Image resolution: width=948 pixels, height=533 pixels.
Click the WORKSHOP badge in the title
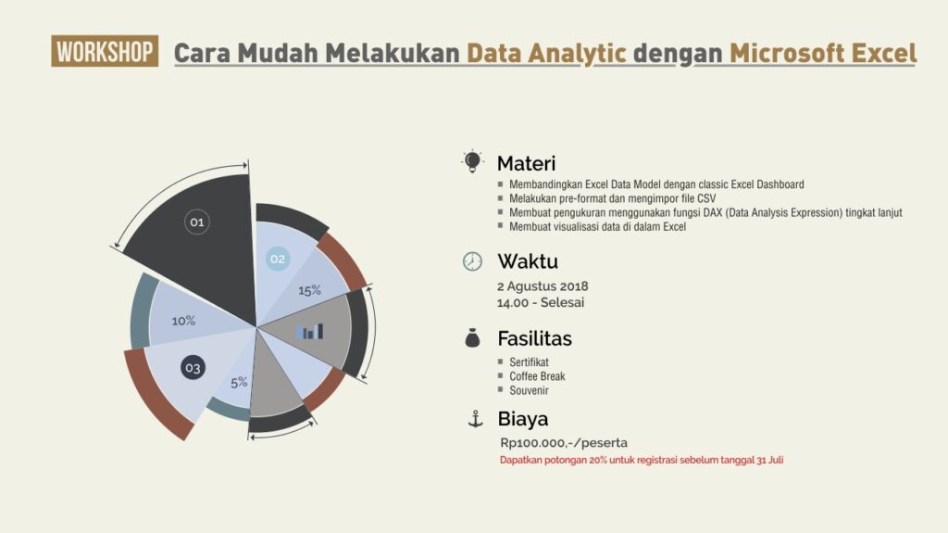[105, 51]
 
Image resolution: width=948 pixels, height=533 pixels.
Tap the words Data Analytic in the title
[546, 54]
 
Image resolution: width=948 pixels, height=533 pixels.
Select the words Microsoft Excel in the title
[823, 54]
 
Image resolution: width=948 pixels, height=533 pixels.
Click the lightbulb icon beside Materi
[472, 161]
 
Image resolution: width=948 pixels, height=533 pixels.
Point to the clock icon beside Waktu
[472, 261]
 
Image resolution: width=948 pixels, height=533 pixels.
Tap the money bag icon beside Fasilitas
[472, 338]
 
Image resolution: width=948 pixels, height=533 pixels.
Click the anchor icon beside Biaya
[476, 419]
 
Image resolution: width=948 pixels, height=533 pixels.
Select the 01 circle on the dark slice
[197, 222]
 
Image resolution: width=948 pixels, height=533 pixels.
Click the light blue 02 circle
[278, 259]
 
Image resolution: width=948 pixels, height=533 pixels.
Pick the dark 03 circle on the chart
[193, 367]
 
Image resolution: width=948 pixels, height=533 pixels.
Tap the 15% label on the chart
[309, 291]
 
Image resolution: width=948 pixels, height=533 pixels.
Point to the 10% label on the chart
[183, 321]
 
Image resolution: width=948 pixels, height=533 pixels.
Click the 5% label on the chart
[239, 382]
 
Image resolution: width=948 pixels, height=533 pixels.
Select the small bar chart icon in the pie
[309, 331]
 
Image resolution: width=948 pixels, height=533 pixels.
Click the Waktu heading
[527, 261]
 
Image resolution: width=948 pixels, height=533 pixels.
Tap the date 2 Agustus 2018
[543, 286]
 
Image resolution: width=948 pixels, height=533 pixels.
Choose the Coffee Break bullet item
[537, 376]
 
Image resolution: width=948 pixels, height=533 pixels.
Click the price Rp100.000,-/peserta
[564, 443]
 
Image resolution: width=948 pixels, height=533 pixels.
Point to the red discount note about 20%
[642, 460]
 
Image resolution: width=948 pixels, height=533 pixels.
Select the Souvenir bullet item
[529, 390]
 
